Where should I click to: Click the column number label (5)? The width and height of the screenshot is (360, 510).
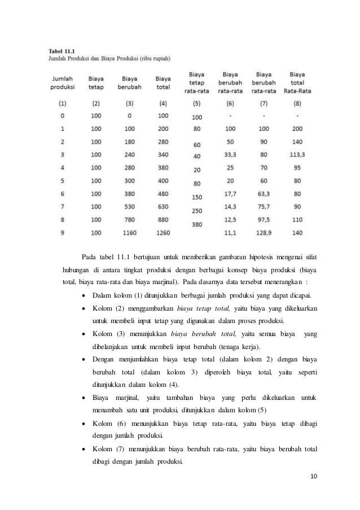click(196, 103)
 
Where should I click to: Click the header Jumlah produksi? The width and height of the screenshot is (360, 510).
click(63, 82)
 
